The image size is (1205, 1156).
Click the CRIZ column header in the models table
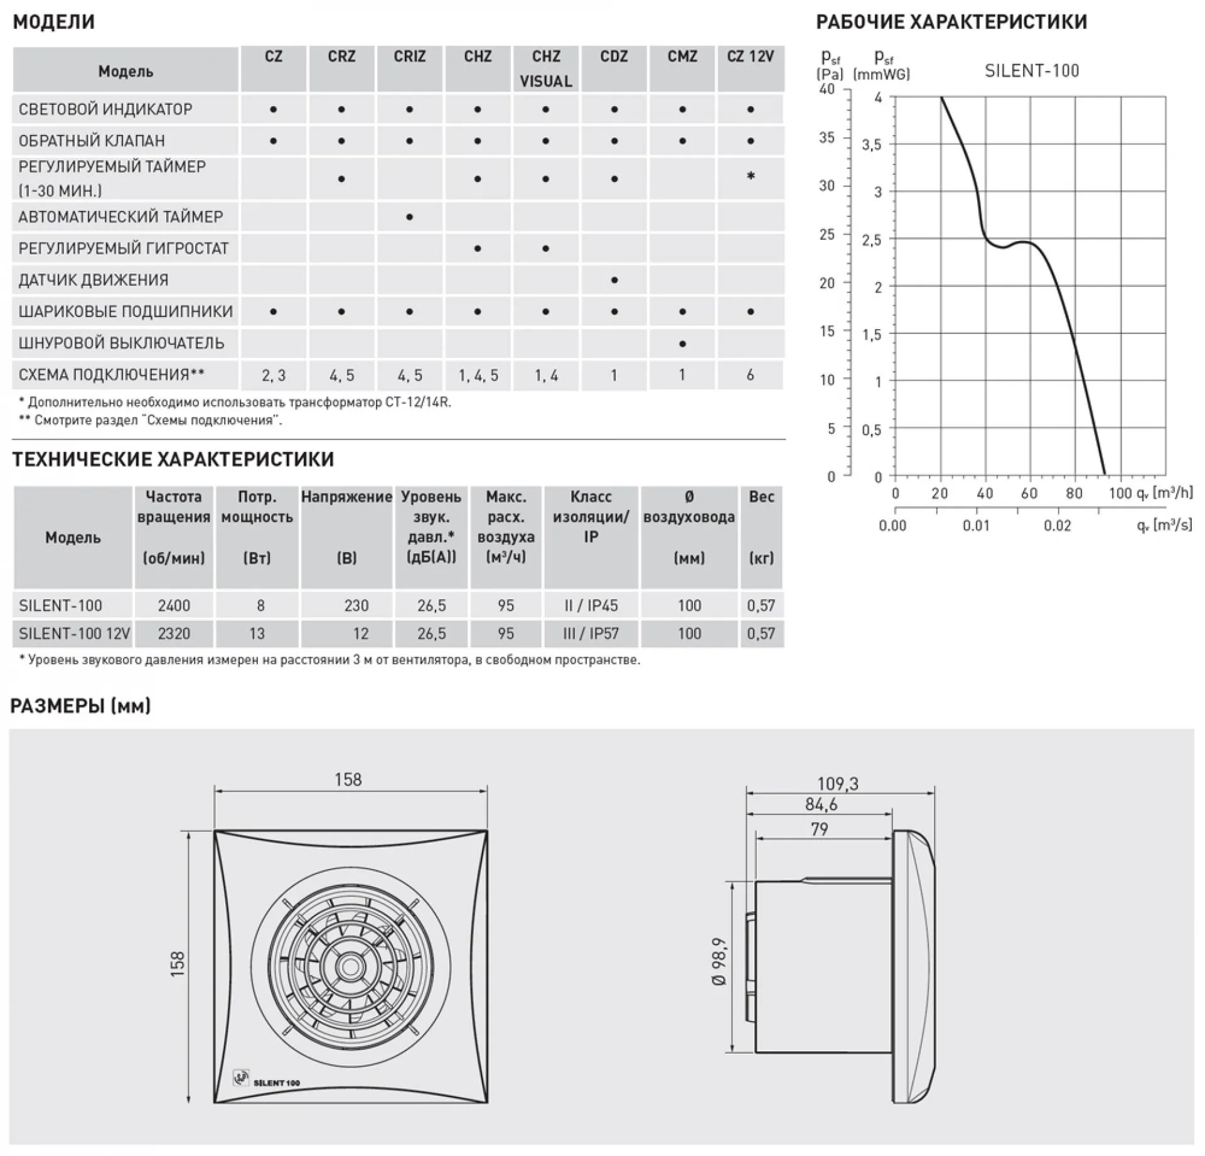pyautogui.click(x=409, y=57)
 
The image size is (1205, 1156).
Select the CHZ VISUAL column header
pyautogui.click(x=545, y=68)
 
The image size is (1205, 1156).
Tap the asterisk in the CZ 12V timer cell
pyautogui.click(x=751, y=176)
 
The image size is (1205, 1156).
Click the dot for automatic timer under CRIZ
pyautogui.click(x=409, y=217)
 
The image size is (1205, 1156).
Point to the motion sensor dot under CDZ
pyautogui.click(x=614, y=280)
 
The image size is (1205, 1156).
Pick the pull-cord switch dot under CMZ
pyautogui.click(x=682, y=344)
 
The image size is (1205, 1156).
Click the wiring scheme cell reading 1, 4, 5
pyautogui.click(x=478, y=375)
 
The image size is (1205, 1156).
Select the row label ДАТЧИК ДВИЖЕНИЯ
pyautogui.click(x=94, y=280)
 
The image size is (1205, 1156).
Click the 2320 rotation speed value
pyautogui.click(x=174, y=634)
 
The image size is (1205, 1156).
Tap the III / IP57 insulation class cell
pyautogui.click(x=591, y=634)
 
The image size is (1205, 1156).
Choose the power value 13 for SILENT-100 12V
pyautogui.click(x=257, y=634)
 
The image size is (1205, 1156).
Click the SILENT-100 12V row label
pyautogui.click(x=74, y=634)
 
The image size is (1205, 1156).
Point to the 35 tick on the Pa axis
pyautogui.click(x=827, y=138)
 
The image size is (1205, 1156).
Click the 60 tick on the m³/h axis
pyautogui.click(x=1029, y=494)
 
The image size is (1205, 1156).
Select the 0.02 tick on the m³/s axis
pyautogui.click(x=1058, y=526)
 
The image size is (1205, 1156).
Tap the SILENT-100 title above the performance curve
pyautogui.click(x=1032, y=71)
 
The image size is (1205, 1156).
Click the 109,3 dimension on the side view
pyautogui.click(x=838, y=784)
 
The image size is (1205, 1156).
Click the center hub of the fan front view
pyautogui.click(x=350, y=967)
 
